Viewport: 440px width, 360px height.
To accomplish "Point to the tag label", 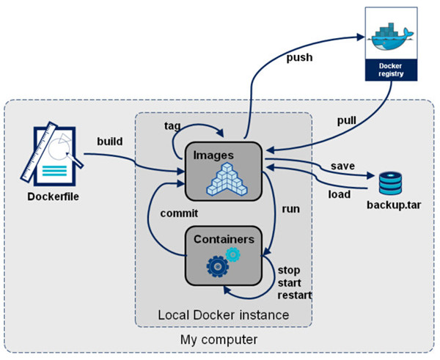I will (174, 125).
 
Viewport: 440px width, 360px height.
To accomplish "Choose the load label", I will (338, 194).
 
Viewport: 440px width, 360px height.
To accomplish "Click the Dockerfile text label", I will (53, 196).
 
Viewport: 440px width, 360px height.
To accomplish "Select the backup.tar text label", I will (391, 202).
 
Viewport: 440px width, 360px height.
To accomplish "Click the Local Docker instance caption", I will (224, 315).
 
